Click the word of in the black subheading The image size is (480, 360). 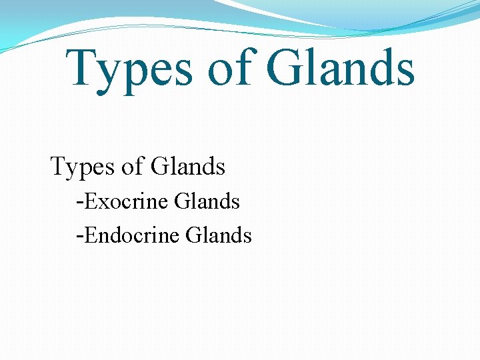click(133, 167)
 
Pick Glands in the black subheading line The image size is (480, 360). click(188, 167)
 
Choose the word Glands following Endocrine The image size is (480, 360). click(219, 235)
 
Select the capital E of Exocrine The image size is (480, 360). click(90, 201)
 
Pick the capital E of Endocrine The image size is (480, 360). click(90, 235)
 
